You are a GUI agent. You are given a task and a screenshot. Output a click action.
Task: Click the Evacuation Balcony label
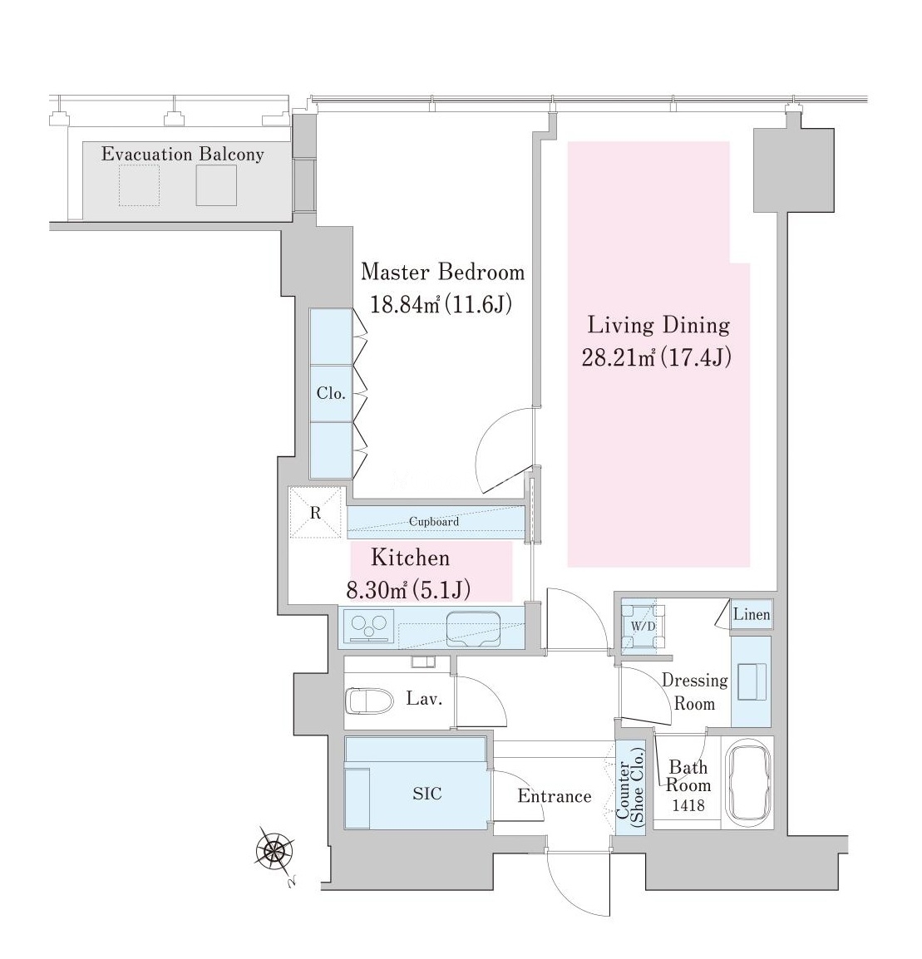(182, 154)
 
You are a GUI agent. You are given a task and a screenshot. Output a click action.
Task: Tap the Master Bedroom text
(443, 272)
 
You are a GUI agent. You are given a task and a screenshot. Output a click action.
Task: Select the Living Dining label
(659, 326)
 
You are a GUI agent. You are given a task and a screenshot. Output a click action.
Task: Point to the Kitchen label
(411, 558)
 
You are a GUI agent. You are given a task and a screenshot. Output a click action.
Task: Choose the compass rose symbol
(274, 849)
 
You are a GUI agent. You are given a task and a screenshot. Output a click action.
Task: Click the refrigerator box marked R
(315, 513)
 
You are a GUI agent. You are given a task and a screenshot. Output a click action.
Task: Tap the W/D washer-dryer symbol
(643, 627)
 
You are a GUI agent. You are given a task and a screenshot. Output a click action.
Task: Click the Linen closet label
(752, 614)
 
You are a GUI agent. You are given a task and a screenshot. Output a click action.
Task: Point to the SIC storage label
(427, 794)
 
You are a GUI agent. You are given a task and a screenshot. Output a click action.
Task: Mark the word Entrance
(555, 795)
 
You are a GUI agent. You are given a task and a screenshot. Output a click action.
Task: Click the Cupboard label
(434, 522)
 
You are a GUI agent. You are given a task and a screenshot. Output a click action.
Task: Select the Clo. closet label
(331, 393)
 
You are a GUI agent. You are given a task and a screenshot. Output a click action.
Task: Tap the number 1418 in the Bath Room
(688, 805)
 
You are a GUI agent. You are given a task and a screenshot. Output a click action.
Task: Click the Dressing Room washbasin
(752, 681)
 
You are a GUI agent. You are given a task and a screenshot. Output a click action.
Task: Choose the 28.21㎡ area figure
(619, 357)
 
